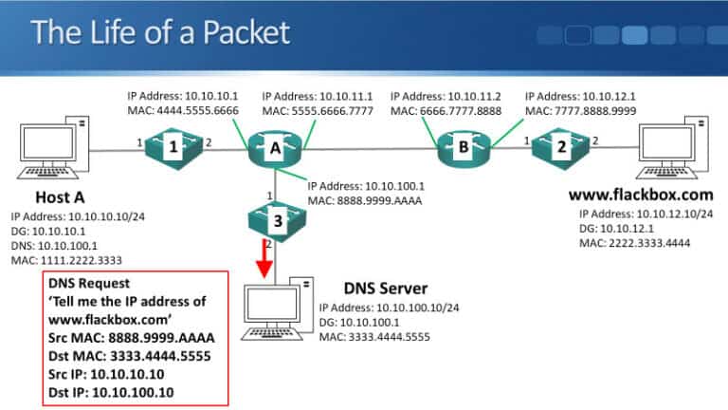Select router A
click(x=275, y=147)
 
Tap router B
click(x=463, y=147)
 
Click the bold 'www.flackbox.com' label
click(x=640, y=196)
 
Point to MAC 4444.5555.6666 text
click(x=184, y=111)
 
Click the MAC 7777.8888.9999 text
click(x=580, y=111)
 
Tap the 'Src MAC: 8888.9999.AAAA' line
click(x=130, y=337)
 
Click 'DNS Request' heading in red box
click(x=91, y=283)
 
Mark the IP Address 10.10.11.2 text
click(x=445, y=96)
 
